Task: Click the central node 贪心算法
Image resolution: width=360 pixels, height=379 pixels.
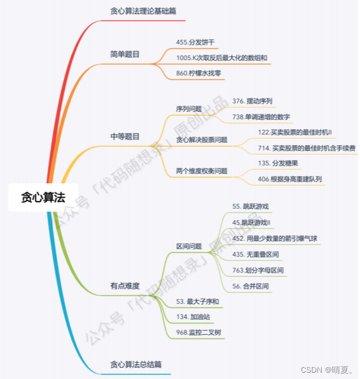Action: (43, 197)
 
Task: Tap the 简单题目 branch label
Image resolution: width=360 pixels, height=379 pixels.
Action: (125, 55)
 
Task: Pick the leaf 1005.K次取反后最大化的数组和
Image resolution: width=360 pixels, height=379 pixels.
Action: (222, 57)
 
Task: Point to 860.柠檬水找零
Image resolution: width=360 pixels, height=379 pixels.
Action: (199, 73)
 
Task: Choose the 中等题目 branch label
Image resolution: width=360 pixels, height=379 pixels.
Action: (125, 136)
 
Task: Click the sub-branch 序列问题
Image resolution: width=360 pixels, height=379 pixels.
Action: (189, 109)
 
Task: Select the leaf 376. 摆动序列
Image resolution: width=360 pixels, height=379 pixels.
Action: (253, 101)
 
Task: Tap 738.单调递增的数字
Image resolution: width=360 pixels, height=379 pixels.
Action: (261, 117)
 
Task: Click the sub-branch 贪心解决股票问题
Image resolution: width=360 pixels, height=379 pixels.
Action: (202, 139)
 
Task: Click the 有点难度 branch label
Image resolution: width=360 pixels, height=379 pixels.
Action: (125, 286)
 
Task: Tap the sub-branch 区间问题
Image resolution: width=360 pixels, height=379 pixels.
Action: (189, 246)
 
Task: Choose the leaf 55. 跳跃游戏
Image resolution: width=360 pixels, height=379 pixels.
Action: (250, 206)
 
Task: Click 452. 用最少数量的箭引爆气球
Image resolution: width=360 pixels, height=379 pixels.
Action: (274, 238)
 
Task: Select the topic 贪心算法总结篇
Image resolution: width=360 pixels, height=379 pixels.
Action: (137, 364)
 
